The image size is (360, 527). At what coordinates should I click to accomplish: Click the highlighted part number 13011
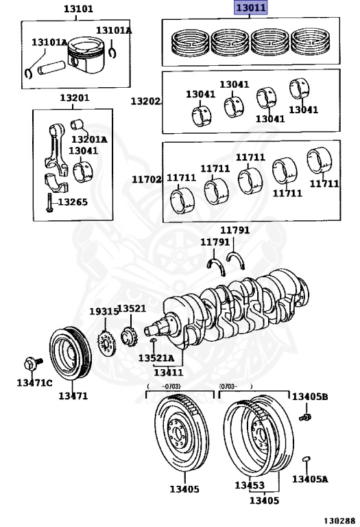251,8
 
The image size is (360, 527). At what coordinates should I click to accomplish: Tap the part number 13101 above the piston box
78,9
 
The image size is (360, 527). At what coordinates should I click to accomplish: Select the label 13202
145,101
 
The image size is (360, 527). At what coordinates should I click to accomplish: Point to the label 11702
147,180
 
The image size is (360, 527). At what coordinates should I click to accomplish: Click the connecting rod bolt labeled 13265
49,203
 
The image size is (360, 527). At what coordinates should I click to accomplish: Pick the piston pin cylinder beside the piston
50,67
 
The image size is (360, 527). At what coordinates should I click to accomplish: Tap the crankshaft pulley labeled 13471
70,353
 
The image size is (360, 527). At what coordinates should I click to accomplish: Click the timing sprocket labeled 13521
130,336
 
